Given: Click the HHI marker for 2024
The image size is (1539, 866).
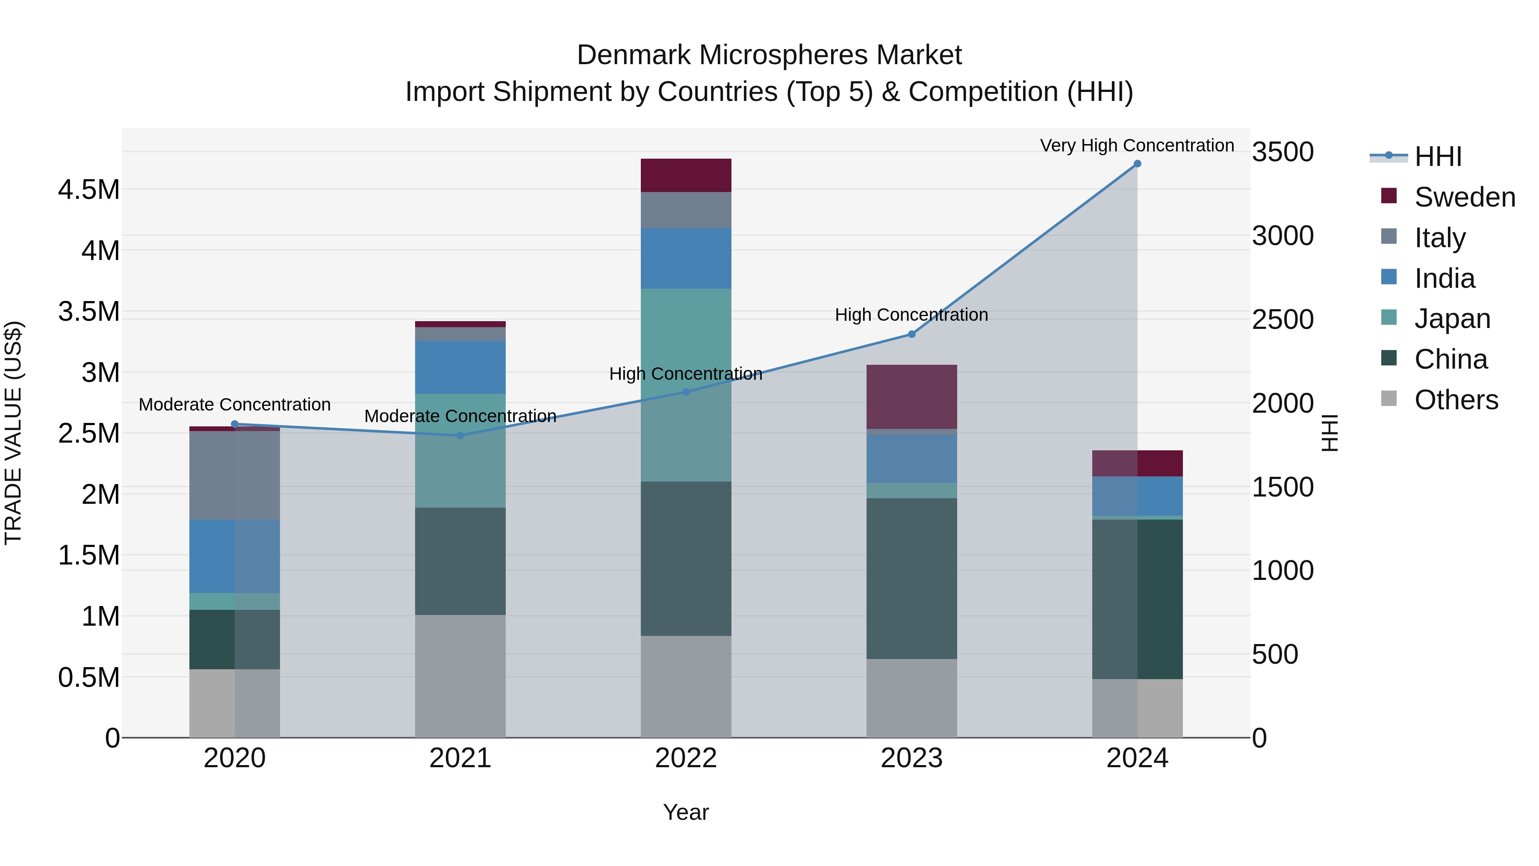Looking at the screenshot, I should pyautogui.click(x=1137, y=164).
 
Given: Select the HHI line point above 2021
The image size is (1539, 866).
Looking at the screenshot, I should pyautogui.click(x=460, y=436).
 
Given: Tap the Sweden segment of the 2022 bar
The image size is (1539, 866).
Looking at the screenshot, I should pyautogui.click(x=686, y=175).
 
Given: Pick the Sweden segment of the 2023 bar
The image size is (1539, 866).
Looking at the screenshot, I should pyautogui.click(x=912, y=396).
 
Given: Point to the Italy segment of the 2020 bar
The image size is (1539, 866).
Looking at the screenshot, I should pyautogui.click(x=234, y=475).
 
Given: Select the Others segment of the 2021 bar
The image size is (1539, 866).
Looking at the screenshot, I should pyautogui.click(x=460, y=676).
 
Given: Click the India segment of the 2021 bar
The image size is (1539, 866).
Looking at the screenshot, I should pyautogui.click(x=460, y=367).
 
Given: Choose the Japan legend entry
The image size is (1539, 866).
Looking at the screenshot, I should pyautogui.click(x=1452, y=319).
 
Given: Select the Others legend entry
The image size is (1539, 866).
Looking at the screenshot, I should pyautogui.click(x=1456, y=400).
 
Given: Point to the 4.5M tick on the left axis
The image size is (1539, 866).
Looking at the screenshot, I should pyautogui.click(x=88, y=190).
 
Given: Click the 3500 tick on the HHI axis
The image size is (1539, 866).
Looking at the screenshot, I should pyautogui.click(x=1282, y=152).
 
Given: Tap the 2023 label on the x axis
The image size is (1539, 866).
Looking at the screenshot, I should pyautogui.click(x=912, y=758).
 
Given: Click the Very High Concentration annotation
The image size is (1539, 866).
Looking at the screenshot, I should pyautogui.click(x=1136, y=145).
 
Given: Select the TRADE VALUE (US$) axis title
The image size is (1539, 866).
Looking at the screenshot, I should pyautogui.click(x=13, y=433).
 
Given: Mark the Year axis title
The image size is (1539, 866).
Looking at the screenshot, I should pyautogui.click(x=686, y=812).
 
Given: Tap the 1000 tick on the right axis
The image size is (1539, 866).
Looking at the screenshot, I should pyautogui.click(x=1282, y=571).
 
